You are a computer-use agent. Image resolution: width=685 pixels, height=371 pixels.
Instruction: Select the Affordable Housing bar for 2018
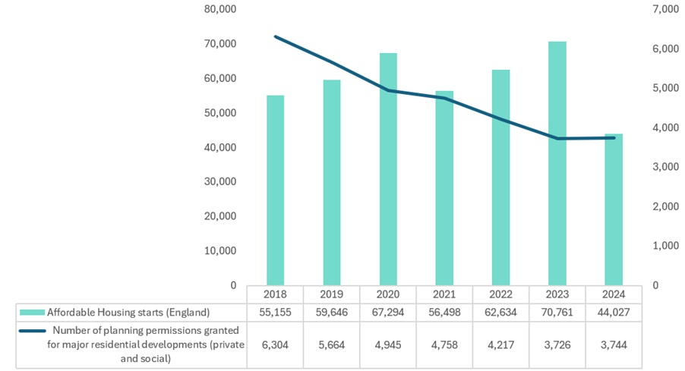[275, 190]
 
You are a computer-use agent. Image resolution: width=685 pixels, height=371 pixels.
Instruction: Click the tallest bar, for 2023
[557, 164]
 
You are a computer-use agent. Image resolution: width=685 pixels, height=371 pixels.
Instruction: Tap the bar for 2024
[614, 209]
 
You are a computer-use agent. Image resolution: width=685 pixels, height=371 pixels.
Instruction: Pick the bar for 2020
[388, 169]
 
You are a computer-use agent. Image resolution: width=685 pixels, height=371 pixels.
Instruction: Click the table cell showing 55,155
[275, 313]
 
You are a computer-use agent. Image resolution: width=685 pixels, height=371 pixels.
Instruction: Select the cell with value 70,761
[557, 313]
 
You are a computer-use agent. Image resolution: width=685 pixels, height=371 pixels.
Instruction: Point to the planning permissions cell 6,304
[275, 344]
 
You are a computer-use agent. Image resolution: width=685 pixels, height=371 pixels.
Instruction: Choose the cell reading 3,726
[557, 344]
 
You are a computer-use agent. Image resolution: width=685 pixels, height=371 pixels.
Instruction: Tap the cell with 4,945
[388, 344]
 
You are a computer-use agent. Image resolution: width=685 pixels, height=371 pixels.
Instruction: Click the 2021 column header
[444, 294]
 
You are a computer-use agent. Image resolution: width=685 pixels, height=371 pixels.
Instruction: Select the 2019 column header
[332, 294]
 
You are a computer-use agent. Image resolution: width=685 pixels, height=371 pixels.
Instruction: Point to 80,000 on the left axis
[220, 9]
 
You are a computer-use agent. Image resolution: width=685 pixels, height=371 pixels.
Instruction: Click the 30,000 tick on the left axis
[220, 181]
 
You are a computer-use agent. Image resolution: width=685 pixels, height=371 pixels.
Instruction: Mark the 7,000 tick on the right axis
[666, 9]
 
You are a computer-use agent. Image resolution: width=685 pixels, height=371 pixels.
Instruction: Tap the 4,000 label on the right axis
[666, 127]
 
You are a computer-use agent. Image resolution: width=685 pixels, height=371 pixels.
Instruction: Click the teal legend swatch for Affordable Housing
[32, 313]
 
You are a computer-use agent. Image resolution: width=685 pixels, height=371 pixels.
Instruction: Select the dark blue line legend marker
[33, 331]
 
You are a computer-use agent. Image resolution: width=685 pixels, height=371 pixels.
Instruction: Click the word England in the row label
[189, 313]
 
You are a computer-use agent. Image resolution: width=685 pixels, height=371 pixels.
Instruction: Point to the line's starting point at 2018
[275, 36]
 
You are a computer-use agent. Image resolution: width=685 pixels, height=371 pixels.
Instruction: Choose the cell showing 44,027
[614, 313]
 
